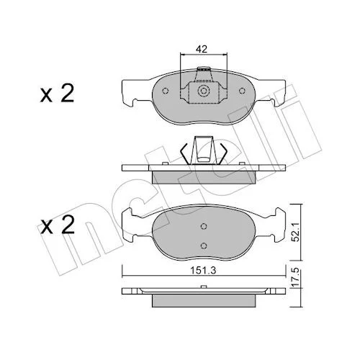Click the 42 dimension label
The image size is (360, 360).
coord(201,49)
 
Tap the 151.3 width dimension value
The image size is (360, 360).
coord(203,271)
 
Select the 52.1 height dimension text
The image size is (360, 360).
coord(296,232)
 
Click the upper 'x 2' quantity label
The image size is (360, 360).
coord(57,94)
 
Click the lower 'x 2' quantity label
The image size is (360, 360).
coord(57,225)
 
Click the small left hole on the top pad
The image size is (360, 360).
coord(165,91)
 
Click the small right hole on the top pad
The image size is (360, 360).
coord(242,91)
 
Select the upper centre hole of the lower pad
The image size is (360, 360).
coord(204,226)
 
